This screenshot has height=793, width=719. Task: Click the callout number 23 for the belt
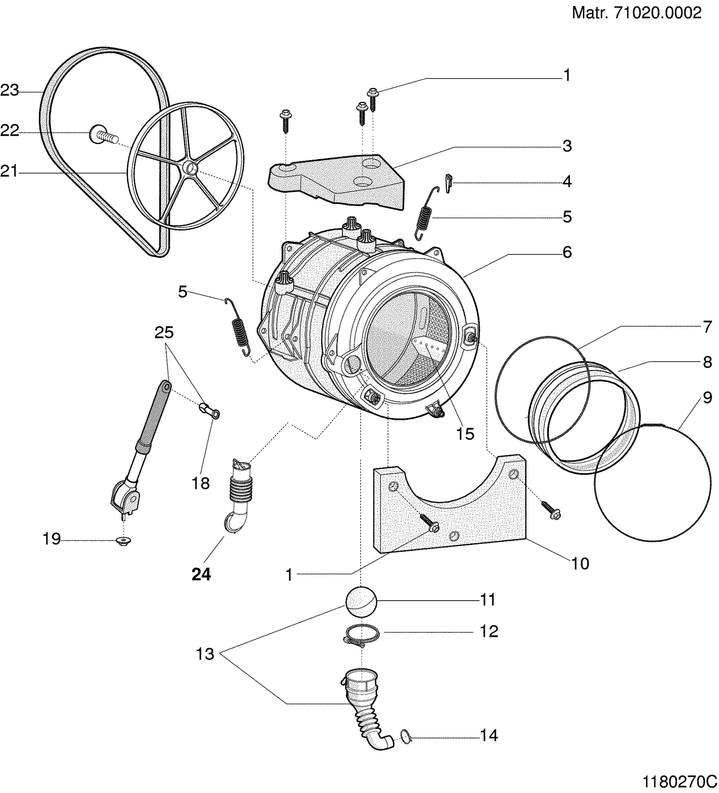[x=9, y=91]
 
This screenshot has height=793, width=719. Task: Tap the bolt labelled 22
[x=103, y=135]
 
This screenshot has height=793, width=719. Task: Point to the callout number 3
[x=567, y=146]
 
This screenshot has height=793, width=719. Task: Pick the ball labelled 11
[x=361, y=601]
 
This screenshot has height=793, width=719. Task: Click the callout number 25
[x=164, y=333]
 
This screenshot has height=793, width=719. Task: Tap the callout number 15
[x=465, y=434]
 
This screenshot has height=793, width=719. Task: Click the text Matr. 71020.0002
[x=636, y=13]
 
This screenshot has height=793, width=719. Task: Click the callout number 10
[x=580, y=564]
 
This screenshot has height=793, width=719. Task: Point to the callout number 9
[x=707, y=398]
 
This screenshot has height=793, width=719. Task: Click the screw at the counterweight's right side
[x=551, y=510]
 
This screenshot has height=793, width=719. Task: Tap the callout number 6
[x=567, y=252]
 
